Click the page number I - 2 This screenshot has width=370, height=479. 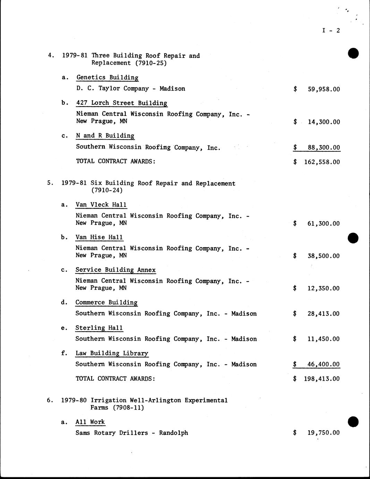point(331,31)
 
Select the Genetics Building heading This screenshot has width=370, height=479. point(107,78)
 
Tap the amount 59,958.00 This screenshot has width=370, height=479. point(324,89)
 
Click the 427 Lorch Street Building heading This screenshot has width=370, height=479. point(122,103)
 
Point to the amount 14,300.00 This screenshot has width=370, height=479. point(324,122)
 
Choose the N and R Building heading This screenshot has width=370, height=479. point(105,136)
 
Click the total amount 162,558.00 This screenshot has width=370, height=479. point(321,162)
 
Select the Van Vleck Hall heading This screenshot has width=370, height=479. point(101,205)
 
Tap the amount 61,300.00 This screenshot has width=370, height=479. point(323,224)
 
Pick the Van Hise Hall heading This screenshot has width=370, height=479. point(99,237)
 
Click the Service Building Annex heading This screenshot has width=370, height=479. point(115,270)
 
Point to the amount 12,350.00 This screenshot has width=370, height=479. point(323,288)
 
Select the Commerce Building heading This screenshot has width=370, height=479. point(106,303)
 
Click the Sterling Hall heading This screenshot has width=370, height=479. point(99,328)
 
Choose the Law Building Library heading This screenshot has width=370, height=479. point(112,353)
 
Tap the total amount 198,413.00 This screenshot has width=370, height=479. point(321,379)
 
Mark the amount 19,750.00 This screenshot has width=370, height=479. point(323,433)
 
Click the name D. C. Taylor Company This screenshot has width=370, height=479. point(112,89)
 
